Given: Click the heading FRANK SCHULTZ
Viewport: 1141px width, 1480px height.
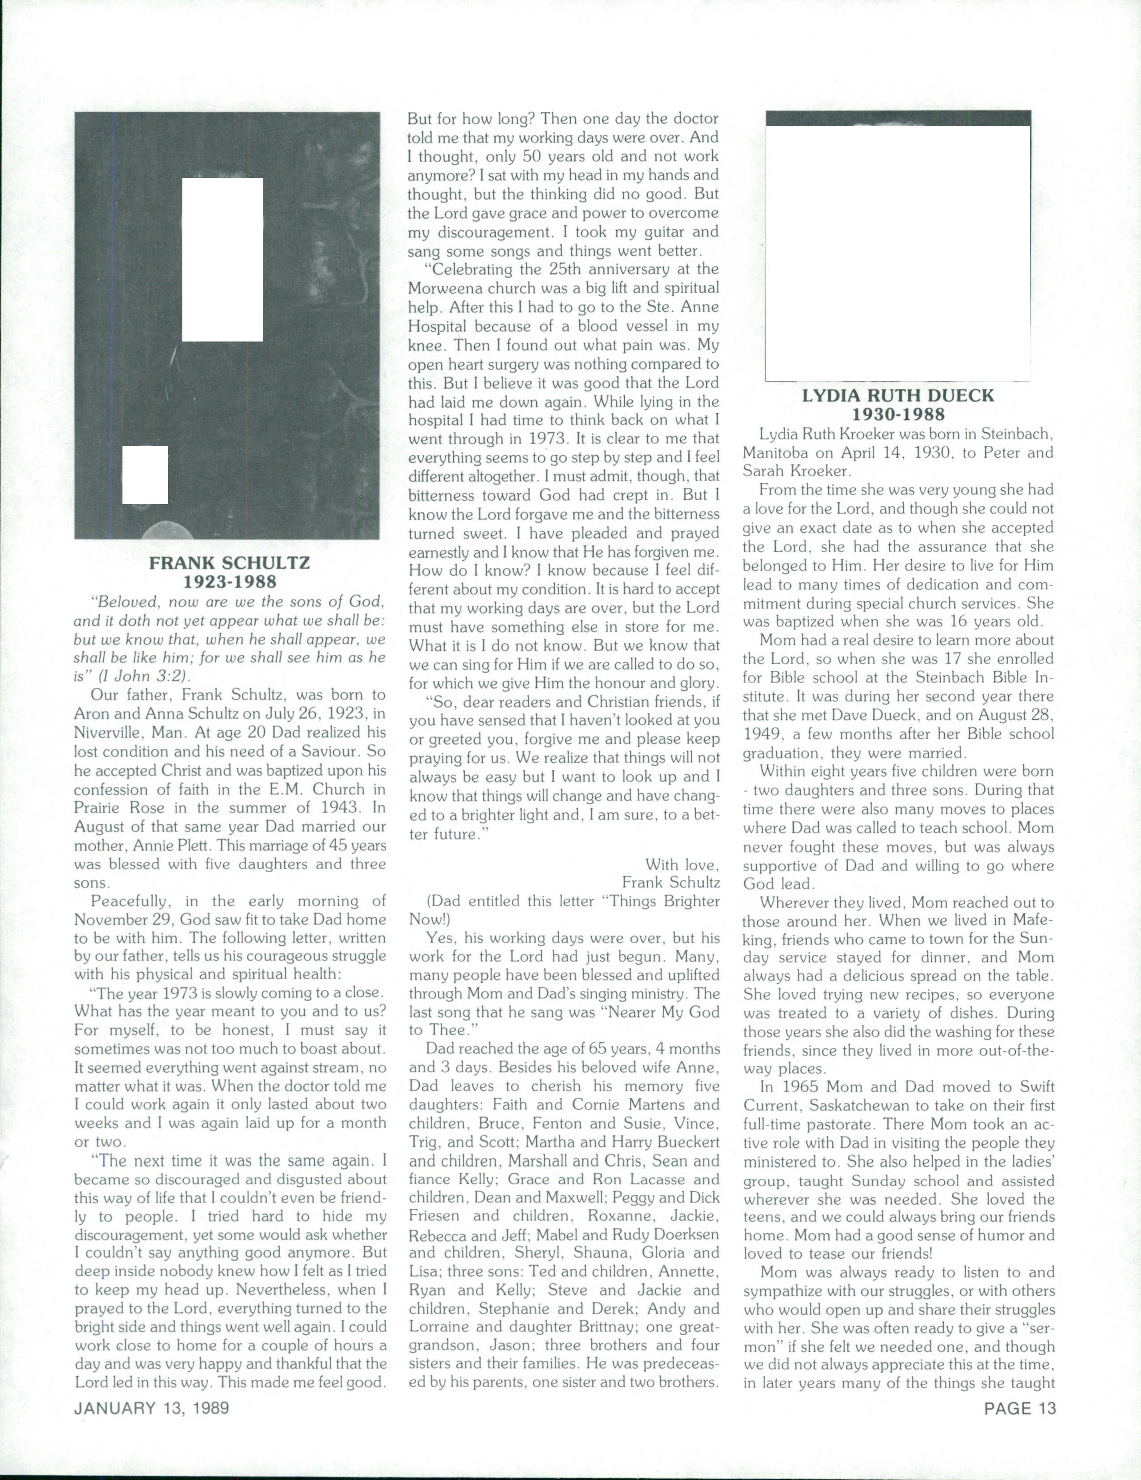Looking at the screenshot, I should pos(230,562).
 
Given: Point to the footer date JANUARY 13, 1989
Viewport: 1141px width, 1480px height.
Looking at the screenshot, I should pos(152,1408).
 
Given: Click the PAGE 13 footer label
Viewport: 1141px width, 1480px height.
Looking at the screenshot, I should pos(1020,1408).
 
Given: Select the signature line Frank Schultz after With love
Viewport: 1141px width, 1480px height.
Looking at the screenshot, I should pos(671,881).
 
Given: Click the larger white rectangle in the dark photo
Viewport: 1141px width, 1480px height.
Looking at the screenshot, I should pos(222,259).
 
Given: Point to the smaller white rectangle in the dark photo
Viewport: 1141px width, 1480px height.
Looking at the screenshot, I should pos(145,475).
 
